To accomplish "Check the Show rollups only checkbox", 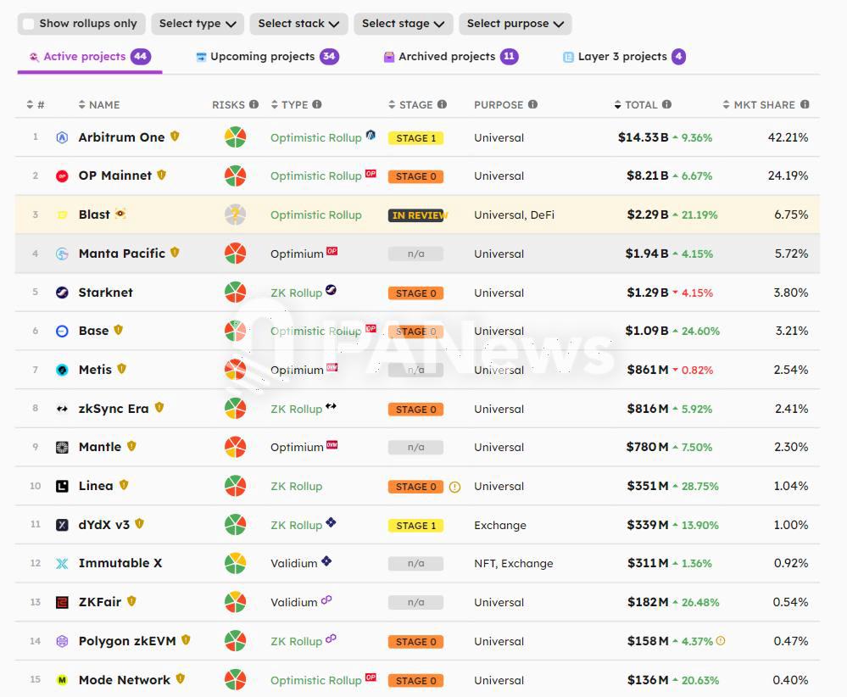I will (x=29, y=24).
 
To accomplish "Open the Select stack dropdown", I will (x=298, y=24).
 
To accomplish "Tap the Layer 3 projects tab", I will (x=623, y=57).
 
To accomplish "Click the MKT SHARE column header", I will (x=764, y=105).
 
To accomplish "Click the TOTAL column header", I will (x=641, y=105).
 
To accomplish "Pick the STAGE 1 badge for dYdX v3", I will (x=415, y=526).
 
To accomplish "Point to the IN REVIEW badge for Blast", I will (x=416, y=215).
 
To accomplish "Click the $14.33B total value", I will (x=643, y=137).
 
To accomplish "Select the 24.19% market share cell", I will (x=790, y=176).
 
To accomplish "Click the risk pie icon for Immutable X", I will (x=235, y=563).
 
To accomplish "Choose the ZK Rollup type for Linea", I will (x=296, y=487).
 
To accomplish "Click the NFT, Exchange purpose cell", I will (x=513, y=564).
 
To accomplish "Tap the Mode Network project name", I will (x=124, y=680).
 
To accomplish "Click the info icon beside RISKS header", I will (x=254, y=105).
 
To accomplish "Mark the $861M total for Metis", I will (x=647, y=371).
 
